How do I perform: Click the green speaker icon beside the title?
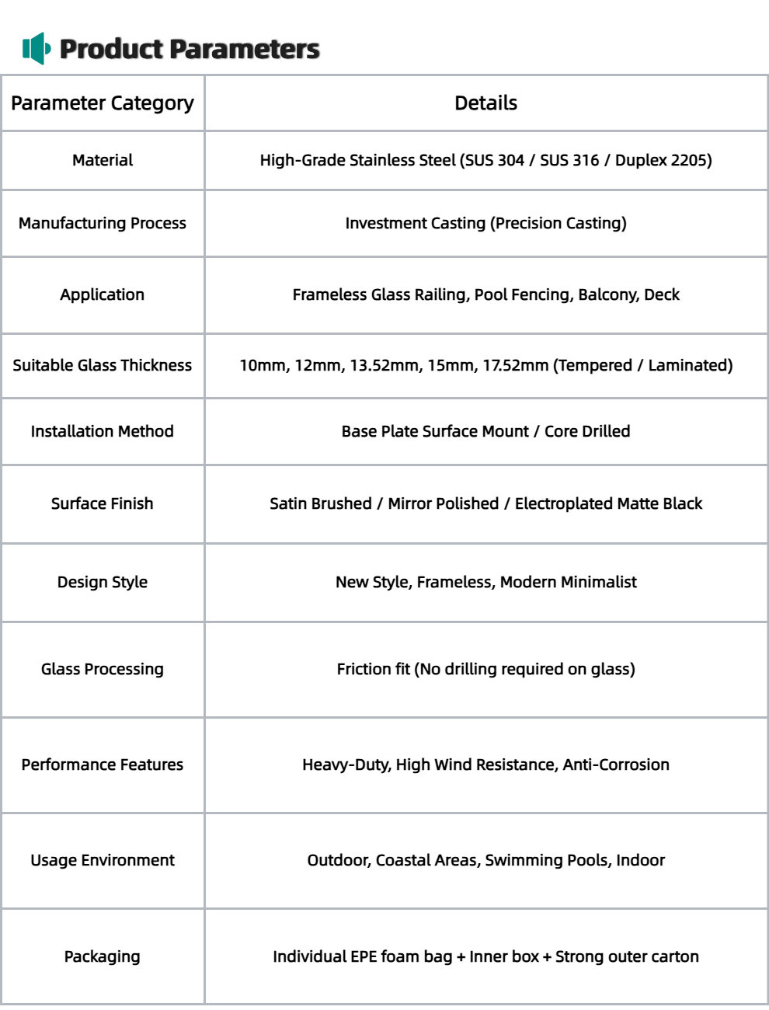[37, 49]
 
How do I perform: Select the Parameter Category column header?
[103, 103]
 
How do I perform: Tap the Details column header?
[485, 103]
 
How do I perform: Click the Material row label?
[103, 160]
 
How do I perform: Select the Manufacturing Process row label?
[103, 223]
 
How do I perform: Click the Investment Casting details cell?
[485, 223]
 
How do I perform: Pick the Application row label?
[103, 294]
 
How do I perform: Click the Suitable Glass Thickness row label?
[103, 365]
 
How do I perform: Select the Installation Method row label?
[103, 431]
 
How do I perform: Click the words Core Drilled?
[587, 431]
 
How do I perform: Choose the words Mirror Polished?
[444, 503]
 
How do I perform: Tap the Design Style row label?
[103, 582]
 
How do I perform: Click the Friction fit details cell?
[485, 669]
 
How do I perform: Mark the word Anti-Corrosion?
[616, 764]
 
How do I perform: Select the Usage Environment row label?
[103, 860]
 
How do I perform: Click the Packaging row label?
[103, 956]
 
